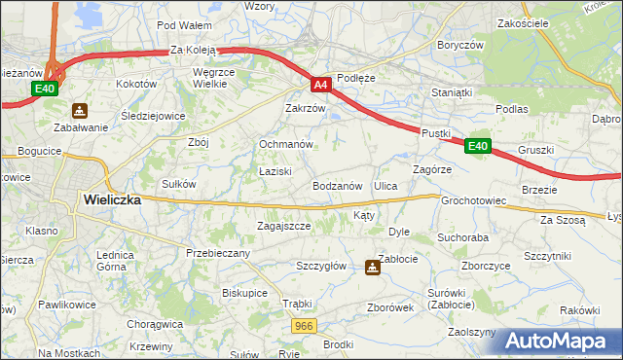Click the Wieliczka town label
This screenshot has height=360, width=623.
pyautogui.click(x=112, y=198)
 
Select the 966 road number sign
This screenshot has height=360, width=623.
pyautogui.click(x=304, y=326)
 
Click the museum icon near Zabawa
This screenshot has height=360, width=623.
pyautogui.click(x=80, y=111)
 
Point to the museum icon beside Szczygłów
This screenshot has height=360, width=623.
pyautogui.click(x=373, y=267)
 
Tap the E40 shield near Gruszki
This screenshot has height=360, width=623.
pyautogui.click(x=476, y=146)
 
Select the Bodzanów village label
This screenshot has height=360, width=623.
pyautogui.click(x=338, y=185)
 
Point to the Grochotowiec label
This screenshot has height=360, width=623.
pyautogui.click(x=474, y=201)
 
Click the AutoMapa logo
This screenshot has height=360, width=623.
pyautogui.click(x=560, y=341)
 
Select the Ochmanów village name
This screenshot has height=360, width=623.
pyautogui.click(x=285, y=144)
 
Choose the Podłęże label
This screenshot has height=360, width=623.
pyautogui.click(x=355, y=77)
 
